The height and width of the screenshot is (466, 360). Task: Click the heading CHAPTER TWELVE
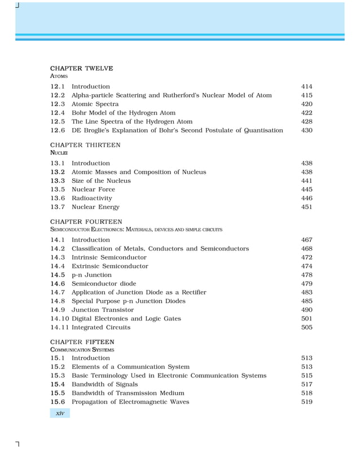(x=81, y=68)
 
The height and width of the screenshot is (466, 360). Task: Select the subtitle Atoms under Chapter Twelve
(x=59, y=76)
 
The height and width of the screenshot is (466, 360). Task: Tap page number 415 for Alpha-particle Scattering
(x=306, y=95)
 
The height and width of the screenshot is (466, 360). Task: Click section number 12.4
(x=58, y=113)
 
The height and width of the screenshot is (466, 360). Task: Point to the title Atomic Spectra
(x=95, y=104)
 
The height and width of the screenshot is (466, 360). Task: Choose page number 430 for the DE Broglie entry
(x=306, y=130)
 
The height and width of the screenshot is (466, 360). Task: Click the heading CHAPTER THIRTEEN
(x=85, y=145)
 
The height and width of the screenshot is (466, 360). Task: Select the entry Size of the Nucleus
(x=101, y=181)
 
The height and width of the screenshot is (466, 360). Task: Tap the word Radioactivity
(x=91, y=199)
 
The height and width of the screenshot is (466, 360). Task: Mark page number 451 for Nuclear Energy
(x=306, y=207)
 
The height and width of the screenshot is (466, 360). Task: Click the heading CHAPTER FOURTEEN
(x=86, y=222)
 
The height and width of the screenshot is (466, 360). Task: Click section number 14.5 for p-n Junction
(x=58, y=275)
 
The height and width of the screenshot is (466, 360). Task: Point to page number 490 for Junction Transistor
(x=306, y=310)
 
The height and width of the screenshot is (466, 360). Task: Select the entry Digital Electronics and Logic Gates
(x=126, y=319)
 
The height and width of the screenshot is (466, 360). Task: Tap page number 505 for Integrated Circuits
(x=306, y=327)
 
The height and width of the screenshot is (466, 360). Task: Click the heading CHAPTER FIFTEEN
(x=82, y=342)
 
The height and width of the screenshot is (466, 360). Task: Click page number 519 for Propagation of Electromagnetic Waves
(x=306, y=402)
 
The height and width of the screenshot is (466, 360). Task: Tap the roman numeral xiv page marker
(x=60, y=414)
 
